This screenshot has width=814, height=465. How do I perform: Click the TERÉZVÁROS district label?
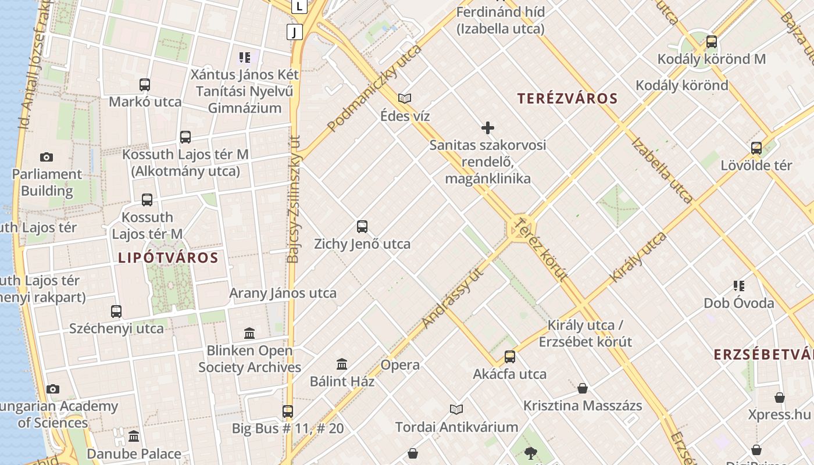point(567,98)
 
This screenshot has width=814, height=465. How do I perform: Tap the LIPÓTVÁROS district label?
point(168,257)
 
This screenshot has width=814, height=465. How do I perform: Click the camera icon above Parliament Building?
point(47,157)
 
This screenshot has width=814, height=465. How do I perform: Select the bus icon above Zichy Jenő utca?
point(362,227)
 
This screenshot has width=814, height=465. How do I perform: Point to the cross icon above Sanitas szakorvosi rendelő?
point(488,128)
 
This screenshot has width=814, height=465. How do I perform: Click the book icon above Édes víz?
point(405,99)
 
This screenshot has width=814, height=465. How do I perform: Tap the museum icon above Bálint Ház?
point(342,364)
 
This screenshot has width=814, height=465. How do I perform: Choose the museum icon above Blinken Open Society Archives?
point(249,334)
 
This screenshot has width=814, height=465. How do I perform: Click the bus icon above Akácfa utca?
point(510,357)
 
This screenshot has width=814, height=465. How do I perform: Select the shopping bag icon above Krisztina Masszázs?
point(583,388)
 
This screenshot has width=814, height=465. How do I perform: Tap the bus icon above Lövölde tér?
point(756,148)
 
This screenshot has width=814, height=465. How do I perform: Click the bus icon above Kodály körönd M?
point(711,42)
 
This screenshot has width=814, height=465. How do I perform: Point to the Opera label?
point(400,365)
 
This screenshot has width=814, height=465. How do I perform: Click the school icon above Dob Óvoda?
point(739,286)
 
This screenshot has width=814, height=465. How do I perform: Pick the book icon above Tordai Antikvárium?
point(456,410)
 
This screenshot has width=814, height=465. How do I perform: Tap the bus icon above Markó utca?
point(145,85)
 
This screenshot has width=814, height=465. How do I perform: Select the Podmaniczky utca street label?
point(374,88)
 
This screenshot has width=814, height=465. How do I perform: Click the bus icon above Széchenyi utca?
point(116,312)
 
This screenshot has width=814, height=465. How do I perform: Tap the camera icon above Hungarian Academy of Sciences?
point(53,389)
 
